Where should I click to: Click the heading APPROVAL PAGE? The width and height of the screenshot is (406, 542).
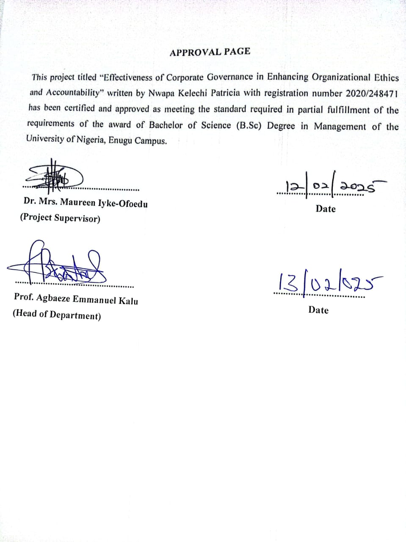[210, 52]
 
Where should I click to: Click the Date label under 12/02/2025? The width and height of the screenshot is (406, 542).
[325, 209]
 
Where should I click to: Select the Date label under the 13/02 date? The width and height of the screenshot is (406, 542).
[318, 310]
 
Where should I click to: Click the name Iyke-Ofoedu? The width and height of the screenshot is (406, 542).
[123, 204]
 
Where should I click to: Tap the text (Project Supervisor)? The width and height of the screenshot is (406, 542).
[60, 218]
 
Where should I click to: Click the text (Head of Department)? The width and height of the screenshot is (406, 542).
[57, 315]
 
